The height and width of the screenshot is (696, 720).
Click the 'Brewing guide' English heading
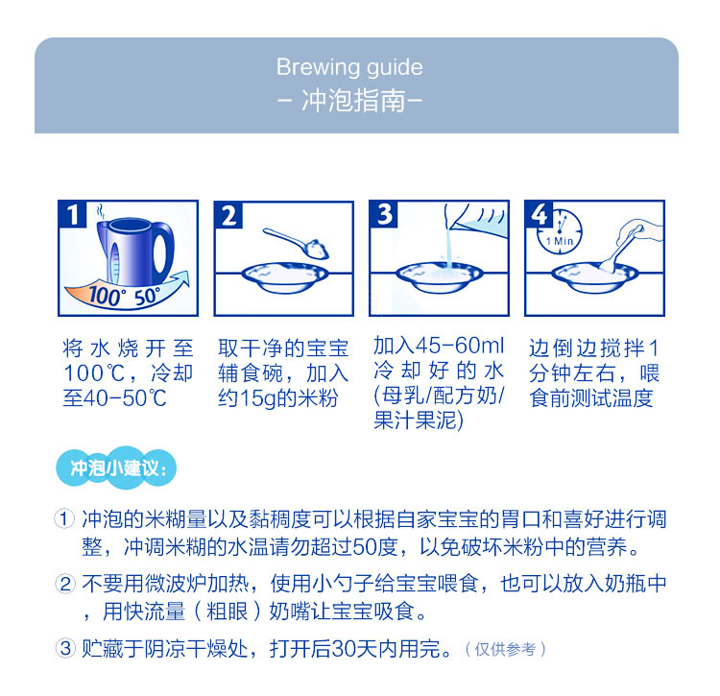point(349,68)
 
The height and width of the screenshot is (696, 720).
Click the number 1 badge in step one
point(73,214)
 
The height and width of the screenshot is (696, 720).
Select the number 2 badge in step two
point(228,214)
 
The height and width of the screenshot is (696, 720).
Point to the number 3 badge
point(384,214)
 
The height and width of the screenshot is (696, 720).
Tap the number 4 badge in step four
point(540,214)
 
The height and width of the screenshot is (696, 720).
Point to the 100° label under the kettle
point(106,296)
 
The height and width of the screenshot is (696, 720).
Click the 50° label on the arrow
point(148,296)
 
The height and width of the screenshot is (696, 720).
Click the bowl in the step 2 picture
point(285,277)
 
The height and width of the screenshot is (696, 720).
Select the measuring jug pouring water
point(477,218)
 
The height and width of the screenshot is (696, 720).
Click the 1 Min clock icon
point(560,232)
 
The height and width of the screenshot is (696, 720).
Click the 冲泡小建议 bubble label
point(116,468)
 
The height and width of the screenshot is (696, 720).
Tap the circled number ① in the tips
point(64,519)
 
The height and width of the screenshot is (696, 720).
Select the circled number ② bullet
point(64,584)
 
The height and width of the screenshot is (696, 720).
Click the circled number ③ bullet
point(64,649)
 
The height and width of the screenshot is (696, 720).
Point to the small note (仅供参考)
point(506,649)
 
